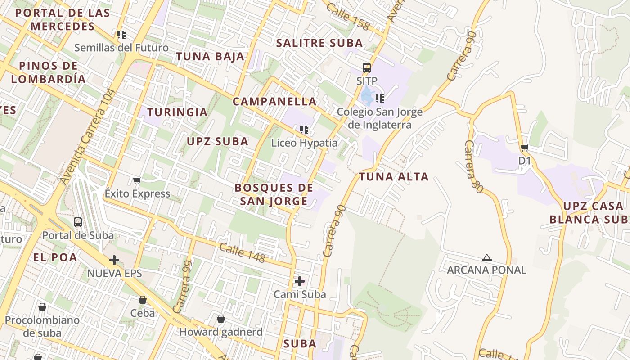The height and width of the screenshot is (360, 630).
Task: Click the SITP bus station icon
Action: coord(367,68)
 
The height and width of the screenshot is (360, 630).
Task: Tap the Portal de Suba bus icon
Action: coord(78,222)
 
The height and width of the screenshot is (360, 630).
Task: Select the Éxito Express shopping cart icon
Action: coord(137,180)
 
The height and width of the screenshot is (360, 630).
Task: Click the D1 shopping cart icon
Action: coord(524,148)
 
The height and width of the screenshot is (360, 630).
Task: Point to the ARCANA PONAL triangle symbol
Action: coord(486,258)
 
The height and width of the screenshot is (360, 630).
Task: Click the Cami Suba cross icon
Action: coord(300,281)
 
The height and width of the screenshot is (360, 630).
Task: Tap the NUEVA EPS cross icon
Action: coord(114,260)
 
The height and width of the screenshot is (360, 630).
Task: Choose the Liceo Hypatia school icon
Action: coord(304,130)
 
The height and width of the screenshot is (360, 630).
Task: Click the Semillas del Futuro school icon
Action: coord(121,34)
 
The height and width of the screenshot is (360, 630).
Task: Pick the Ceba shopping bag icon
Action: coord(143,300)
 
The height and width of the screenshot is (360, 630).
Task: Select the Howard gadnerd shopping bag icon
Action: coord(221,319)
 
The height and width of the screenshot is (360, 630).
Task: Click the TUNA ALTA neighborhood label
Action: coord(394,176)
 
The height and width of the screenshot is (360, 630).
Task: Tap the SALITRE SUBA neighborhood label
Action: coord(319,43)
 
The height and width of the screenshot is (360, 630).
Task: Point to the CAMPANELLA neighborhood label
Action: coord(274,101)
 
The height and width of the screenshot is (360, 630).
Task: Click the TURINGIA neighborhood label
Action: coord(177,112)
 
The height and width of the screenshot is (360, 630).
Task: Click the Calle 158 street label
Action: coord(348,17)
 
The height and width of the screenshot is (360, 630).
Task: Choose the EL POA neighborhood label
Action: coord(55,257)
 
